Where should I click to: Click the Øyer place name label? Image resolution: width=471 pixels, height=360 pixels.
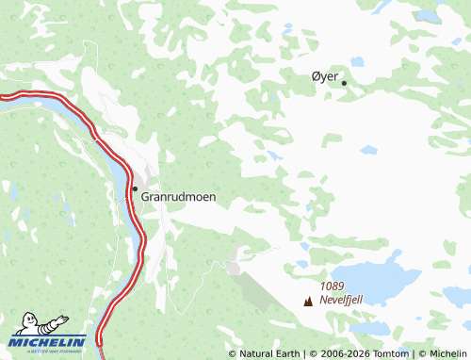point(324,77)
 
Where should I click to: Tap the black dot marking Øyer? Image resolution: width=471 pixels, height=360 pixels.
point(344,83)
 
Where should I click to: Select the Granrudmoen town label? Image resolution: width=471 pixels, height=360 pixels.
point(178,197)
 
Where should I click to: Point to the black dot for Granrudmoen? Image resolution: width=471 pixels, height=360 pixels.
point(135,188)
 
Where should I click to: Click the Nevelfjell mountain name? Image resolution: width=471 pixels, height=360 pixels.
point(341,299)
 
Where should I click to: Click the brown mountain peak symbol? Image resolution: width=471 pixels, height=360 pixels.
point(308,301)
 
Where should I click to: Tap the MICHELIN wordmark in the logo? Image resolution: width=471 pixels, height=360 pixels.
point(48,341)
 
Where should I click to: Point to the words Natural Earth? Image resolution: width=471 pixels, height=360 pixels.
point(269,354)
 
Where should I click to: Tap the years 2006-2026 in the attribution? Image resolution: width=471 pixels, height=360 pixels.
point(343,354)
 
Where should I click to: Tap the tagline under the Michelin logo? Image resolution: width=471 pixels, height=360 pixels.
point(48,351)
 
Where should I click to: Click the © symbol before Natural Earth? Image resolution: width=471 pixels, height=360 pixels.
point(233,354)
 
